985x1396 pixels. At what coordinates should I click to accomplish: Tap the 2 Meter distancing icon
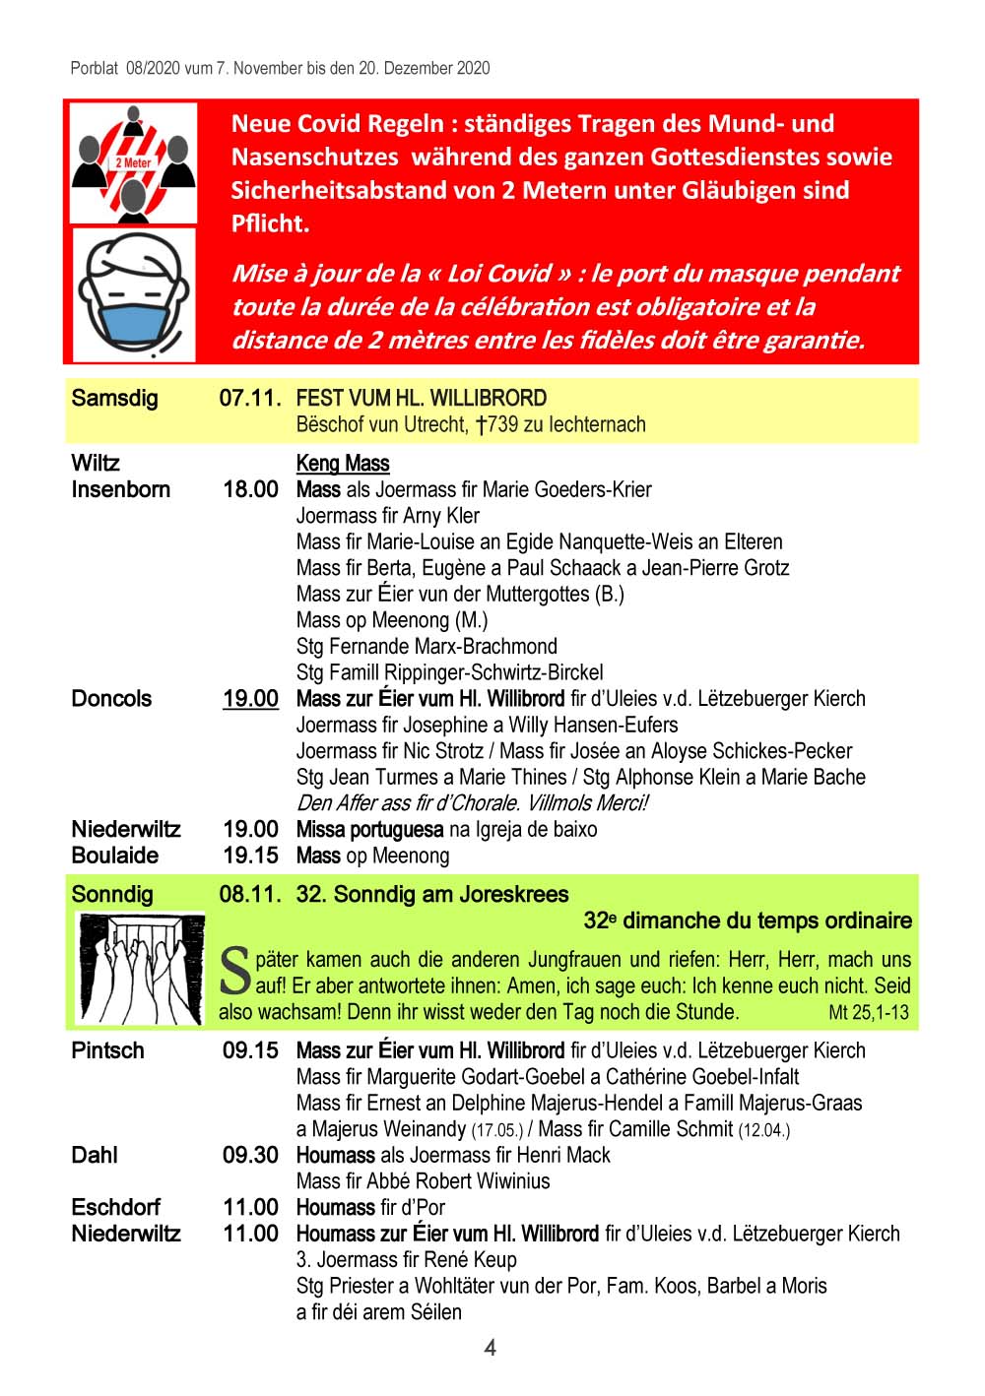coord(133,162)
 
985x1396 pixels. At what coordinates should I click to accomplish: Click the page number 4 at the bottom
coord(491,1348)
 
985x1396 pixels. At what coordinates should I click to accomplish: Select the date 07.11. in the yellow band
coord(250,399)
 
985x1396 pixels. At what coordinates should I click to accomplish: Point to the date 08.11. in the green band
coord(250,895)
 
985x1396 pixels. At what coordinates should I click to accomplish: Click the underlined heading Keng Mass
coord(343,464)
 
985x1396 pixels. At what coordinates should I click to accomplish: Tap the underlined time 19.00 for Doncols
coord(250,699)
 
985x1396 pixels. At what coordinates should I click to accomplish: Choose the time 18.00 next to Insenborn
coord(250,490)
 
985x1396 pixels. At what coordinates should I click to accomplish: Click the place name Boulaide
coord(114,856)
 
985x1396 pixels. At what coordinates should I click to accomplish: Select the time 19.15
coord(250,856)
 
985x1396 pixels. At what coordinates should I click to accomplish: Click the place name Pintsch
coord(107,1050)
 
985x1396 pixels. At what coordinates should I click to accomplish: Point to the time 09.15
coord(250,1050)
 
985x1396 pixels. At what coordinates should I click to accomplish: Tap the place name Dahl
coord(95,1155)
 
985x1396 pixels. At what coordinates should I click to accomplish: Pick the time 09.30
coord(250,1155)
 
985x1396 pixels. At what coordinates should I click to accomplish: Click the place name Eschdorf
coord(115,1207)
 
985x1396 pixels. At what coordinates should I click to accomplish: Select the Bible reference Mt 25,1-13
coord(869,1012)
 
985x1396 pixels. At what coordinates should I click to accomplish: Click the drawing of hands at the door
coord(140,969)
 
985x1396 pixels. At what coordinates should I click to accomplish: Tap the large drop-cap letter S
coord(235,970)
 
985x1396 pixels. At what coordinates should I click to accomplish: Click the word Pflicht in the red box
coord(270,224)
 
